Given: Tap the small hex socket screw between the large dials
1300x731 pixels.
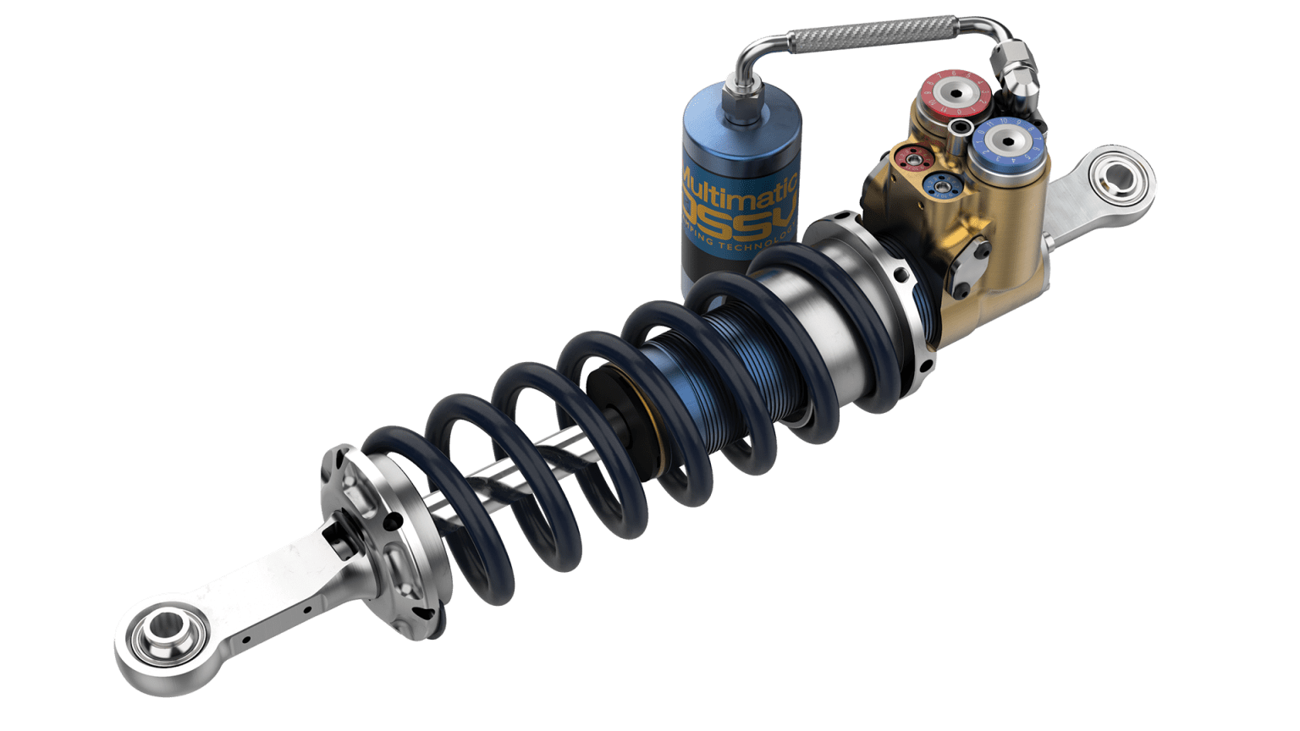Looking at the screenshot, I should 961,128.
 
